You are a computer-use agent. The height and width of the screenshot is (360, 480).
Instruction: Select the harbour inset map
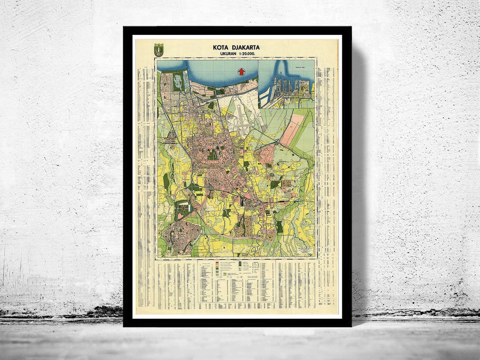(x=286, y=83)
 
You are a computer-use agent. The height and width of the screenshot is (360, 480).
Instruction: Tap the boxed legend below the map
(x=237, y=280)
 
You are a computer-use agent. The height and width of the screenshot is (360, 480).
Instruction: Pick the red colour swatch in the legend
(x=217, y=264)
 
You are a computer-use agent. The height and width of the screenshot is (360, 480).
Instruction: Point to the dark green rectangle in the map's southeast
(x=279, y=227)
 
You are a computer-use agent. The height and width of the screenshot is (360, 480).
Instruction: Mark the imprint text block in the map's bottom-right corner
(x=304, y=252)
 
